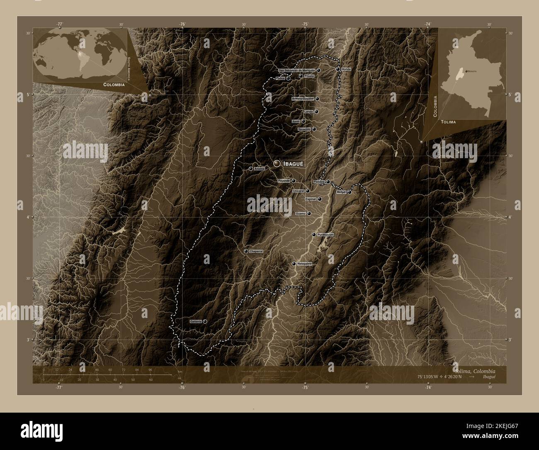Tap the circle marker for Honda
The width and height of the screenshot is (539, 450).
[338, 69]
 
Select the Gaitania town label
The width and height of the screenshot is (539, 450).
[195, 322]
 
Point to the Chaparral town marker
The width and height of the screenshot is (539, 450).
[246, 252]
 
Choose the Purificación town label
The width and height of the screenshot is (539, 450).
[325, 235]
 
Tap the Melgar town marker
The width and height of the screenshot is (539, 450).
[349, 192]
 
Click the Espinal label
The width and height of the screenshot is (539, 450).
[311, 199]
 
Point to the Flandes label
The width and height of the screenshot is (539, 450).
[319, 182]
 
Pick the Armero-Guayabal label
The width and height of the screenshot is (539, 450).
[303, 99]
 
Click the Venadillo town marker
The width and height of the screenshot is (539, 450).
[314, 130]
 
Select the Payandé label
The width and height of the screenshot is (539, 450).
[284, 181]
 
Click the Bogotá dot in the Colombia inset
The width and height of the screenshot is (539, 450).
[466, 71]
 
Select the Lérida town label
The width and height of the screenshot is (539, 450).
[308, 112]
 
